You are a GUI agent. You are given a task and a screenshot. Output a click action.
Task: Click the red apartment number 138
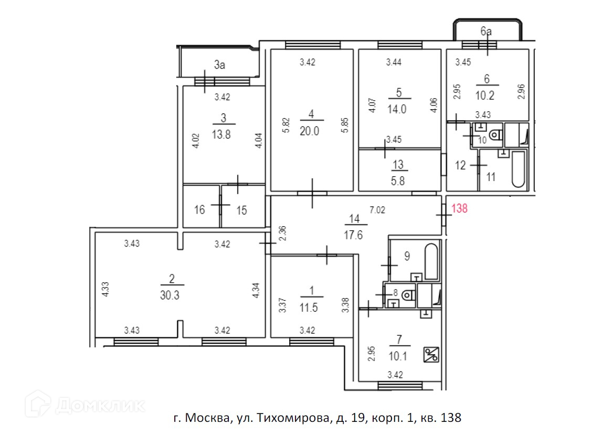pos(460,208)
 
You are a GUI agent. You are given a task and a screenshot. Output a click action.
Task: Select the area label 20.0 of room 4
pos(310,132)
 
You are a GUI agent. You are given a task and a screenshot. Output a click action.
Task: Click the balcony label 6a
pos(486,32)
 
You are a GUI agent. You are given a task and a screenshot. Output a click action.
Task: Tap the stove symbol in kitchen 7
pos(431,355)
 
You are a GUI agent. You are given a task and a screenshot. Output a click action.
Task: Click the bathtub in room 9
pos(431,261)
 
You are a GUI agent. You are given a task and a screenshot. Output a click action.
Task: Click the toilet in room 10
pos(496,136)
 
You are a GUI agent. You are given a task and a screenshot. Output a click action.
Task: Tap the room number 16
pos(199,210)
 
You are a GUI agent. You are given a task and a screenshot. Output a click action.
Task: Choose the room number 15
pos(241,210)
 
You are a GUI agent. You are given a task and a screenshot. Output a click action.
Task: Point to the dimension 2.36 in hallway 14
pos(283,233)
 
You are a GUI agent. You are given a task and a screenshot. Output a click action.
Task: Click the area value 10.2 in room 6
pos(486,96)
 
